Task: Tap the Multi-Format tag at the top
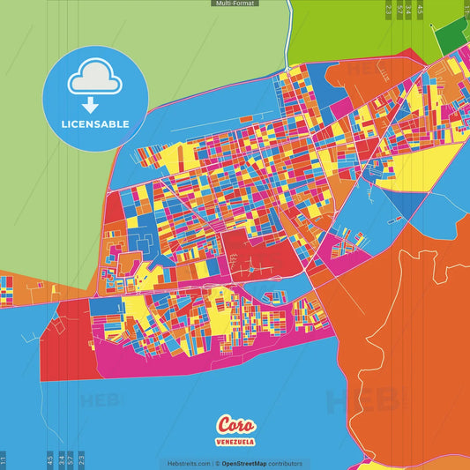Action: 235,4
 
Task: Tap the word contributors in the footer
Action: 286,463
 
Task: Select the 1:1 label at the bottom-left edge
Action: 4,459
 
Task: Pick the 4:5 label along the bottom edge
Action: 49,459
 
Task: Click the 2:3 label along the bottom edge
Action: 81,459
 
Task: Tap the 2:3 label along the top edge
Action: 389,10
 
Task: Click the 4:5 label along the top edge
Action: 421,10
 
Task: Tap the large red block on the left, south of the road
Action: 62,339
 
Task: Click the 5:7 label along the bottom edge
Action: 71,459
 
